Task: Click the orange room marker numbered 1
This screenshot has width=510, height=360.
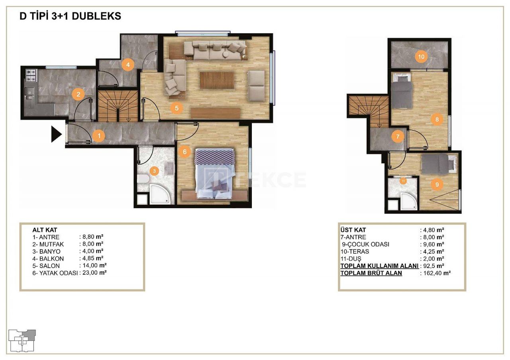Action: point(99,136)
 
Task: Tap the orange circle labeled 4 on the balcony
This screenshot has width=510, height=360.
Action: point(128,65)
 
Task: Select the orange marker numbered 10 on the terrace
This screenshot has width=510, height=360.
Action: point(421,57)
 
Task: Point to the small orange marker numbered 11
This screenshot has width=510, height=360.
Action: point(403,181)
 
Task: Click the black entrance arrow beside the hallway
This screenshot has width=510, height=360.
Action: point(56,134)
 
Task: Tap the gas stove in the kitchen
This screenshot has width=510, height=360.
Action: point(31,75)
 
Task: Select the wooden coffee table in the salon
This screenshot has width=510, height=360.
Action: point(217,80)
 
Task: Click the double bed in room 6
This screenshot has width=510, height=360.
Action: point(214,174)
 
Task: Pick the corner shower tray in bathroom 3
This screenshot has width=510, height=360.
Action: point(160,194)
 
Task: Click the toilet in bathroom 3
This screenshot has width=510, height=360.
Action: point(143,179)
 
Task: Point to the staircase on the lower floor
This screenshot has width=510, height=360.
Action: point(118,106)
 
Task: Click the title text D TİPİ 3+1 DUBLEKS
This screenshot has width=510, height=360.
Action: point(71,16)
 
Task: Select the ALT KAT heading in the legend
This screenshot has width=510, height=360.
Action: point(45,230)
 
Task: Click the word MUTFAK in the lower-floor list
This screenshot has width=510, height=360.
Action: point(52,245)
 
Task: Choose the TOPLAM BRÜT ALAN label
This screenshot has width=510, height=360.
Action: point(371,273)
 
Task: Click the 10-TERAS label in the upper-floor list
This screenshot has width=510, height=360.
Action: point(355,251)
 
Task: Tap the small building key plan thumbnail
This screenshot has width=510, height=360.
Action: point(22,340)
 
